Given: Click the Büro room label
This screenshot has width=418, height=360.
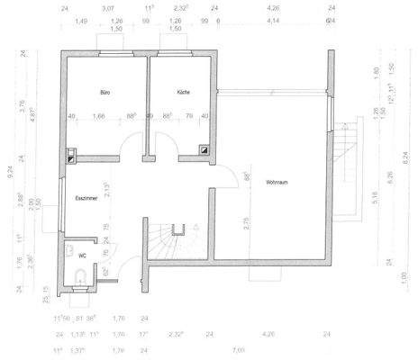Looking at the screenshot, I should tap(105, 93).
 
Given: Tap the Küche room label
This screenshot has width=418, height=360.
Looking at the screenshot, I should tap(184, 93).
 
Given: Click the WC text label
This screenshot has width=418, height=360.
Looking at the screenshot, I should tap(82, 256).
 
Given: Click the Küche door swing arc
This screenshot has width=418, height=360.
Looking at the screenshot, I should tap(163, 144).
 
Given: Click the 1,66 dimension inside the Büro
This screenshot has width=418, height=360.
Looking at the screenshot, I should tap(99, 115).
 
